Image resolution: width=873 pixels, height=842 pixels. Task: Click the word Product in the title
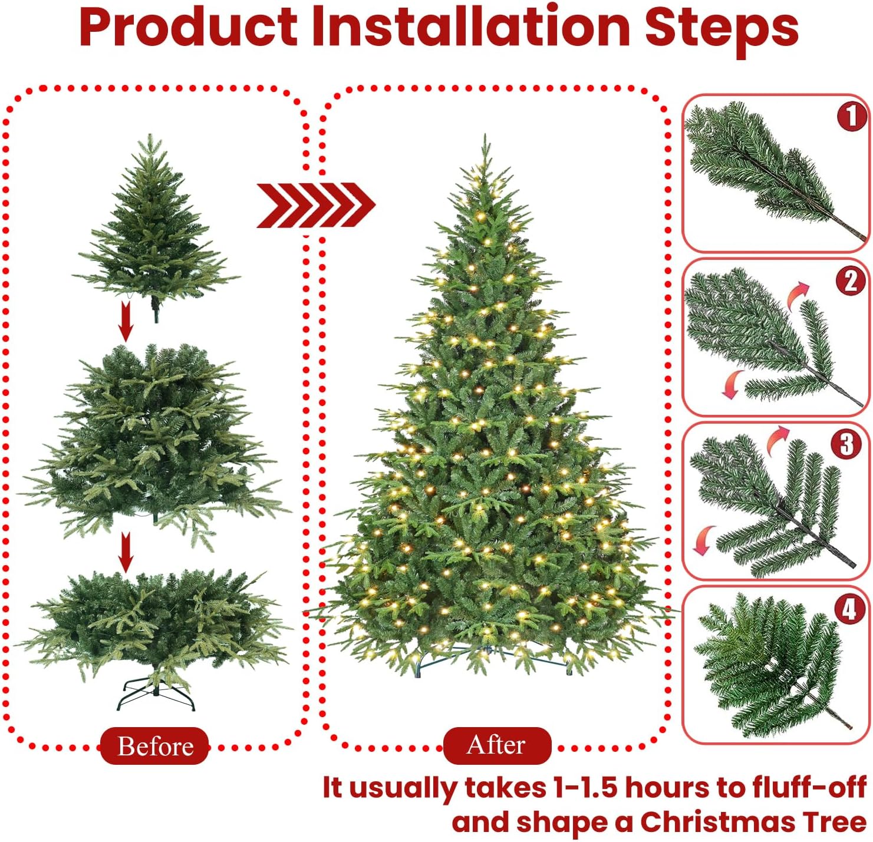[x=188, y=28]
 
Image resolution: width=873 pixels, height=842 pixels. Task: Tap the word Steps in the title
[x=722, y=31]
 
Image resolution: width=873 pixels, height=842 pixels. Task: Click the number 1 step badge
[x=851, y=117]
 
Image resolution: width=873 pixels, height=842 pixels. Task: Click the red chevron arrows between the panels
[x=315, y=205]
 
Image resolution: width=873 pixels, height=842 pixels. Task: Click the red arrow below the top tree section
[x=127, y=321]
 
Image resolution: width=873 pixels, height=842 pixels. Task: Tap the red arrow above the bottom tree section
[x=127, y=552]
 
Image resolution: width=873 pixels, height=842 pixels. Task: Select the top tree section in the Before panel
[x=156, y=224]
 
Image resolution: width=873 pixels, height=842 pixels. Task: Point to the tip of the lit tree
[x=485, y=134]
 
